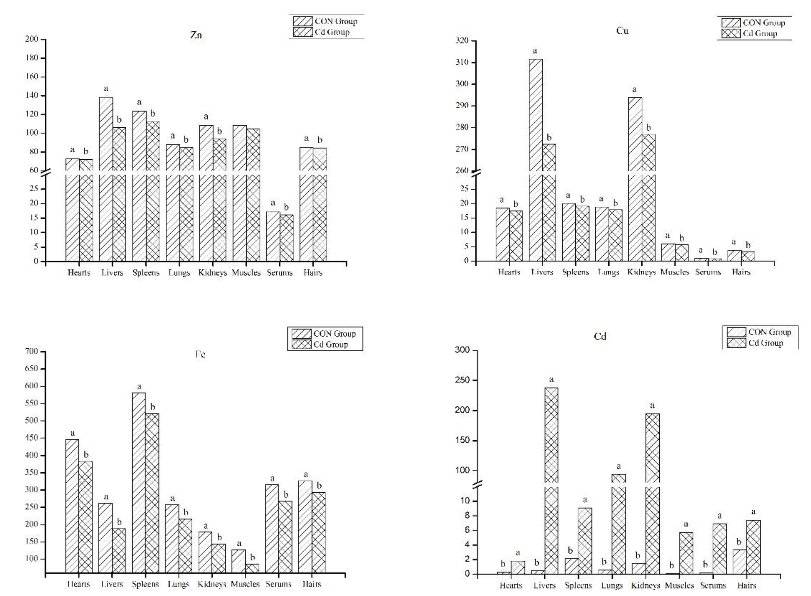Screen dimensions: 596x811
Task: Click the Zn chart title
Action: [196, 35]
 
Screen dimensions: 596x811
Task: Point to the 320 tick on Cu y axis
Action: [462, 41]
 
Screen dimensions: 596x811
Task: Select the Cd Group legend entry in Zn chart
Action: [332, 32]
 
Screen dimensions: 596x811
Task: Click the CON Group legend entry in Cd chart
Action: [770, 332]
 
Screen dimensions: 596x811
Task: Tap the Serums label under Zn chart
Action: [279, 273]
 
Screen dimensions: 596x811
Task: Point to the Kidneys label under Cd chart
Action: [645, 585]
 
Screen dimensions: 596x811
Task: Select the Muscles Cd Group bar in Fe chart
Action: [252, 568]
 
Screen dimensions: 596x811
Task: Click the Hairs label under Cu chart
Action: [741, 272]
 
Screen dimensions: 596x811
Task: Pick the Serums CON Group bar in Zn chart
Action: [273, 236]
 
